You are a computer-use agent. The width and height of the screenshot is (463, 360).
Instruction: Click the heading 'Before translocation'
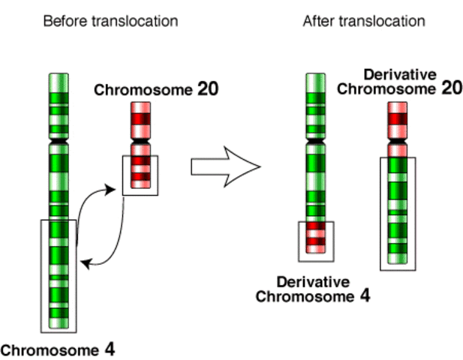point(110,21)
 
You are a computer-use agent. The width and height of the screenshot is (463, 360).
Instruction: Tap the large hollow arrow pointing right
point(225,166)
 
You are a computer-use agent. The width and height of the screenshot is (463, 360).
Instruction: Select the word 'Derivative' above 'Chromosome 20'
point(402,74)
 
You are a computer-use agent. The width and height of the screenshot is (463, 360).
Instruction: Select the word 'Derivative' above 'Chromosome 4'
point(313,282)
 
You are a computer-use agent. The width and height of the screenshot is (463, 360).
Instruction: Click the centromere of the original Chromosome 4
point(59,140)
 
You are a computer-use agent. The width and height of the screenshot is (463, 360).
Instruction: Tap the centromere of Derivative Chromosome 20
point(398,142)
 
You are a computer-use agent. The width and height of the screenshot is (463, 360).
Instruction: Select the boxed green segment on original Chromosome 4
point(59,274)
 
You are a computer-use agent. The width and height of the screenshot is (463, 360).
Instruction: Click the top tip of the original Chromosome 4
point(59,76)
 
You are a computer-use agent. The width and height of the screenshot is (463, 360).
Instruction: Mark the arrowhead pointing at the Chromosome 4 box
point(85,262)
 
